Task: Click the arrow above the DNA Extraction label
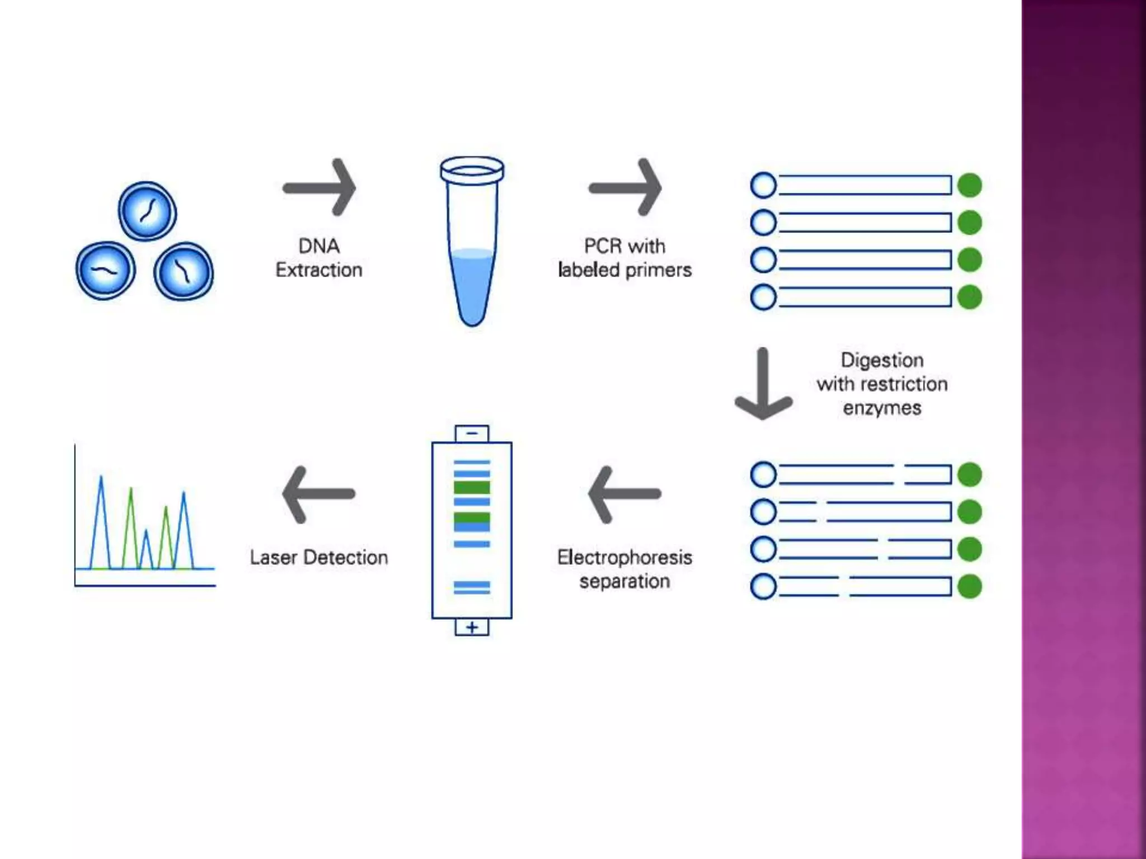pyautogui.click(x=319, y=187)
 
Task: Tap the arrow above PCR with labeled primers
pyautogui.click(x=625, y=187)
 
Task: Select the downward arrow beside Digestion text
pyautogui.click(x=763, y=385)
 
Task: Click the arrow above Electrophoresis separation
pyautogui.click(x=624, y=494)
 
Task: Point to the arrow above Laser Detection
pyautogui.click(x=318, y=494)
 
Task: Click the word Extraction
pyautogui.click(x=319, y=270)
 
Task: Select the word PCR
pyautogui.click(x=603, y=246)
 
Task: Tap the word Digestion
pyautogui.click(x=882, y=360)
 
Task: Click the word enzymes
pyautogui.click(x=882, y=408)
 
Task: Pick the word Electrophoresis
pyautogui.click(x=624, y=557)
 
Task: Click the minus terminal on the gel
pyautogui.click(x=472, y=433)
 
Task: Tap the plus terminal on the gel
pyautogui.click(x=472, y=627)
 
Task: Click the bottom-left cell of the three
pyautogui.click(x=105, y=271)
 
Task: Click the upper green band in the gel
pyautogui.click(x=472, y=487)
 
